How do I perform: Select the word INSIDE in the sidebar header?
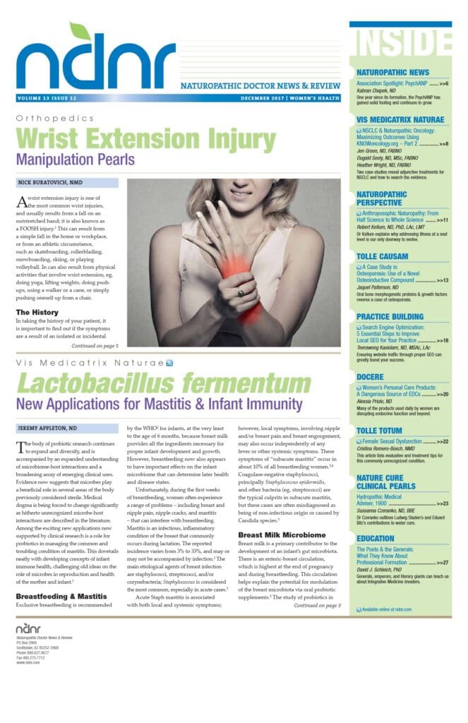400,44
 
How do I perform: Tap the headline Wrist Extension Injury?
146,138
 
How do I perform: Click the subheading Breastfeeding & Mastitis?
62,597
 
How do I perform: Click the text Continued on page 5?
94,346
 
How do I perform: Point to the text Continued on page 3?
317,606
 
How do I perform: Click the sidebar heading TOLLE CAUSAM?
383,256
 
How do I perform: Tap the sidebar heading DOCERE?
371,378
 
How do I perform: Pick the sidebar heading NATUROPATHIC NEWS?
392,72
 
